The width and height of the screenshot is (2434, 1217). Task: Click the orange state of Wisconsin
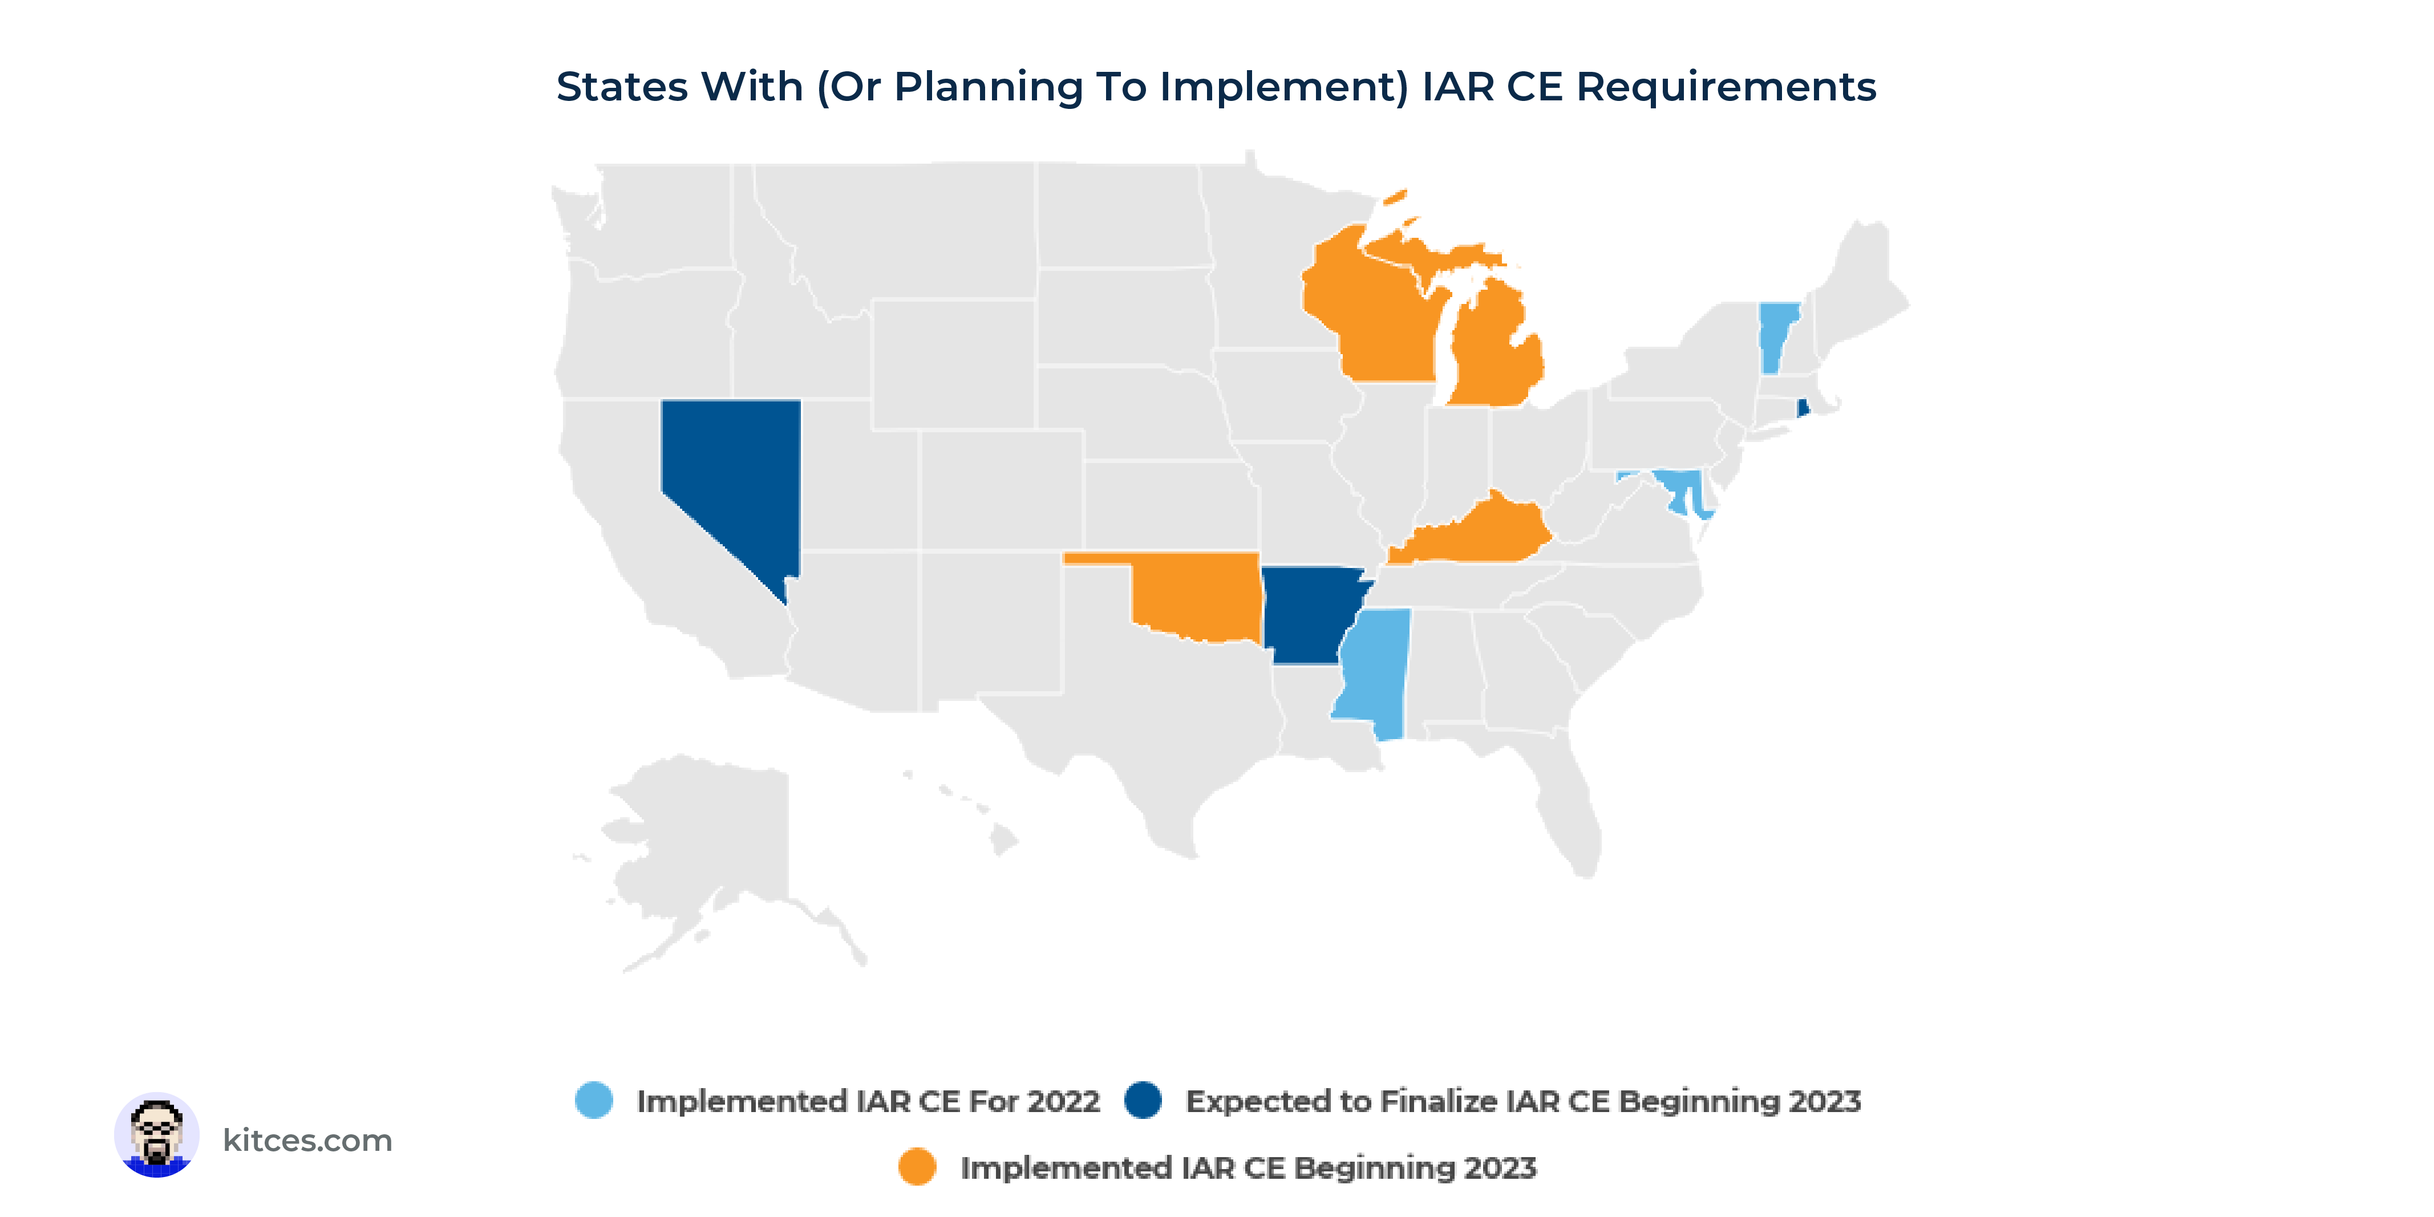click(x=1370, y=312)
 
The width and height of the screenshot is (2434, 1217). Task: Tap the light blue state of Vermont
click(x=1777, y=335)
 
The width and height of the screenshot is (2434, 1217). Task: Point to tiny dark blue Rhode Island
click(x=1803, y=408)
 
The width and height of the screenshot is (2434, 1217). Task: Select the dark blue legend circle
click(x=1143, y=1100)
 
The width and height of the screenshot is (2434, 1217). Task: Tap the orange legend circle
click(x=917, y=1167)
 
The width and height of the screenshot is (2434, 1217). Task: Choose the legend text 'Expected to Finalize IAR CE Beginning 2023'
click(x=1523, y=1102)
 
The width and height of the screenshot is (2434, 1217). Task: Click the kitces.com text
click(x=307, y=1141)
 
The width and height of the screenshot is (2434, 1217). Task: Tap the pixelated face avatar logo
click(x=157, y=1135)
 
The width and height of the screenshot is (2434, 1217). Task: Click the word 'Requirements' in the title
click(x=1726, y=87)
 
